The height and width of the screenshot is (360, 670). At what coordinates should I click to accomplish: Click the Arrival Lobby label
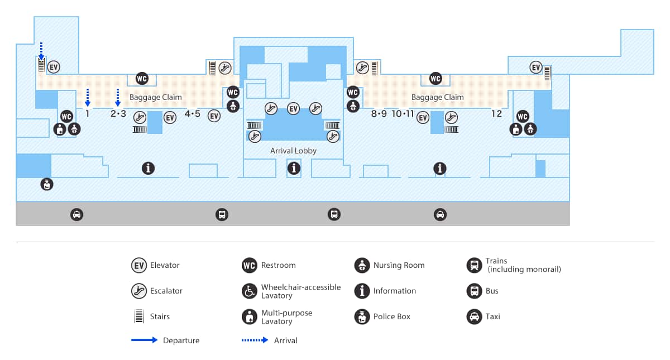(293, 151)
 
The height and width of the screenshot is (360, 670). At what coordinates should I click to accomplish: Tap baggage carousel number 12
(496, 114)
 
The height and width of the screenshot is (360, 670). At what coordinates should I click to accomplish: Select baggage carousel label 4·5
(192, 114)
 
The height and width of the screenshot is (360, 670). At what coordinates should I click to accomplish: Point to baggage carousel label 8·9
(379, 114)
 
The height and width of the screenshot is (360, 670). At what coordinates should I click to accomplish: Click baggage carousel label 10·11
(403, 114)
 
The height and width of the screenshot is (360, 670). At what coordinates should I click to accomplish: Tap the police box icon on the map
(47, 184)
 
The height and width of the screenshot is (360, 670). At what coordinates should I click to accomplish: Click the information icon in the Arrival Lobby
(294, 167)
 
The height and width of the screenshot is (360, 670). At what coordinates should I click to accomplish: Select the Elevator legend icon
(138, 265)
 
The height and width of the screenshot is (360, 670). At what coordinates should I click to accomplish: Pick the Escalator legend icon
(138, 291)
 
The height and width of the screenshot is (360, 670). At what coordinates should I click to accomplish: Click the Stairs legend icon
(138, 316)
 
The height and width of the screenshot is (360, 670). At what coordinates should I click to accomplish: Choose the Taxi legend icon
(474, 316)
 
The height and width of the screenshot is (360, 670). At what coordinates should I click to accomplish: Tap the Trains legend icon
(474, 265)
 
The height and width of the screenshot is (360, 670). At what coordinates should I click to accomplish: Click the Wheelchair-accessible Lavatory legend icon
(250, 291)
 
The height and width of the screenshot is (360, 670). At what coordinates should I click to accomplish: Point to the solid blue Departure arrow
(144, 340)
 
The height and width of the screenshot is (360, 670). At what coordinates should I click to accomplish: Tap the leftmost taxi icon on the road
(76, 214)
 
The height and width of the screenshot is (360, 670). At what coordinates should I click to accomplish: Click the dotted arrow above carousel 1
(88, 97)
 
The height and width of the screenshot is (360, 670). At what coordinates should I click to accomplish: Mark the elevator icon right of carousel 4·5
(214, 116)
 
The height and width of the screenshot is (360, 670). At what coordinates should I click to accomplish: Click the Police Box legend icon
(362, 316)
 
